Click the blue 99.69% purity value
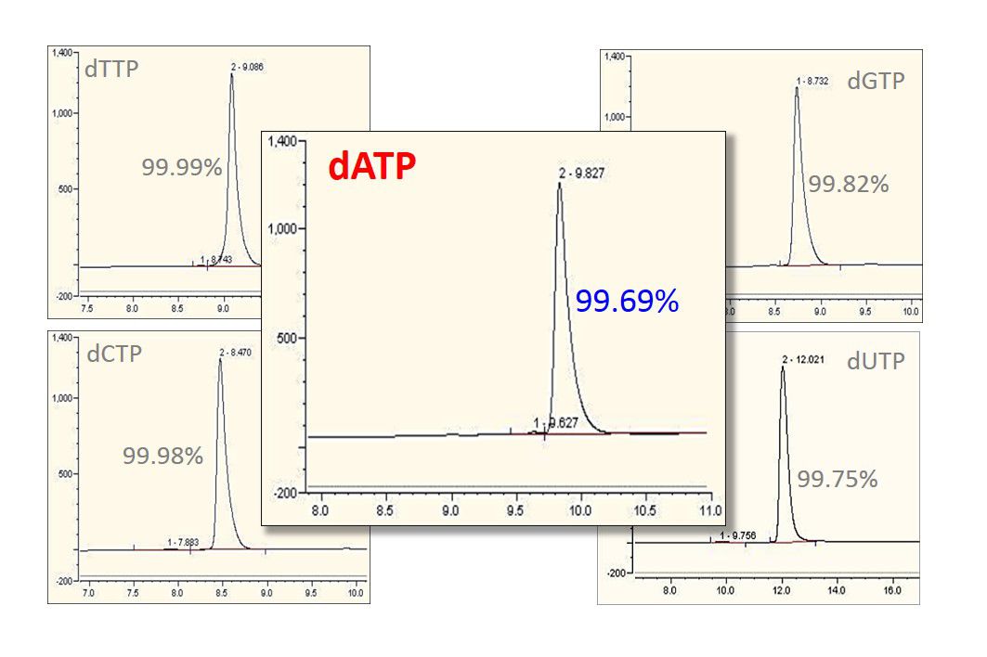627,301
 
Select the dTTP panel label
112,69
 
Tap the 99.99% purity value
182,168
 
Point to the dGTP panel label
875,82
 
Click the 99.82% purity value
848,185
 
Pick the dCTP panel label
114,354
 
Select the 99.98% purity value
162,456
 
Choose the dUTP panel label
875,362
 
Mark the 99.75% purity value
838,480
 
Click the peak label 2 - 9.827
582,173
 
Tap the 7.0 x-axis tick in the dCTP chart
89,590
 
